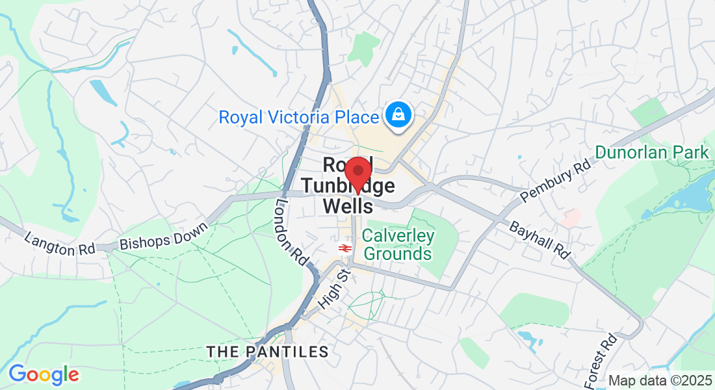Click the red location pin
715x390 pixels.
point(357,173)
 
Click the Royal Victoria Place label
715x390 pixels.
point(298,118)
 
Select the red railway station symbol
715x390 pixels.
point(344,248)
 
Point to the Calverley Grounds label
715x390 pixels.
point(398,244)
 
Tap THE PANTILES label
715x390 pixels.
point(267,352)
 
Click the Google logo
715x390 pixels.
point(44,374)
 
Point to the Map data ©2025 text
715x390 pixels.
point(660,381)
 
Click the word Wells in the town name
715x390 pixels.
point(348,207)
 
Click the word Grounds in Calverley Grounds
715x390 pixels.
point(398,253)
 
